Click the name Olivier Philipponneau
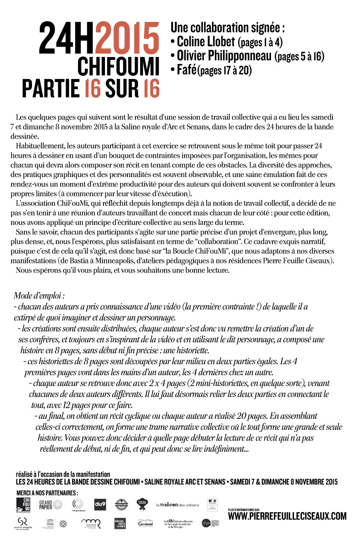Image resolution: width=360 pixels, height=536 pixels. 224,55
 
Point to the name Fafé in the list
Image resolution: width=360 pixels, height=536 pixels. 187,70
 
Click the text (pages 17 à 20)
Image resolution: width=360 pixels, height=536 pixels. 224,70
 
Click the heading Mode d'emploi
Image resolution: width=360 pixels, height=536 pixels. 39,295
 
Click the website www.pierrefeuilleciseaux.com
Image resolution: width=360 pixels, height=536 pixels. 287,516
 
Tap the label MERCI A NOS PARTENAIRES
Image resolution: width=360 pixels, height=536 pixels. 47,492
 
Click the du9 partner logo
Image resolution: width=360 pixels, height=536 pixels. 100,504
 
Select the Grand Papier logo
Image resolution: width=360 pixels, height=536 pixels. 50,504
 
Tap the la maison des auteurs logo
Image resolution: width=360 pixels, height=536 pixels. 177,505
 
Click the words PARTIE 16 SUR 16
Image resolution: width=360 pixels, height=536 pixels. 91,89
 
